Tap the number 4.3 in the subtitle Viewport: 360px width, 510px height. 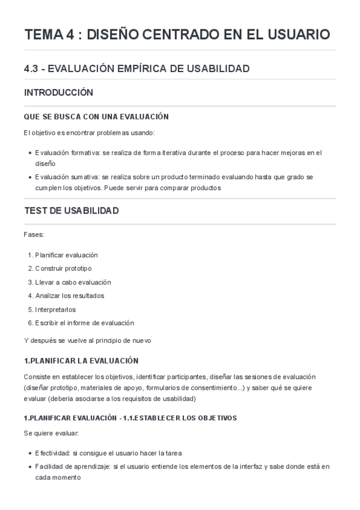[x=31, y=69]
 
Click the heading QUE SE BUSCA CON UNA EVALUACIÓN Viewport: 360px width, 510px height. [x=96, y=117]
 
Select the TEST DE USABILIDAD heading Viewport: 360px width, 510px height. [x=71, y=210]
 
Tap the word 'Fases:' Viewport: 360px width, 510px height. [x=33, y=233]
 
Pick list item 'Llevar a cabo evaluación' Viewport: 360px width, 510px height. [x=73, y=282]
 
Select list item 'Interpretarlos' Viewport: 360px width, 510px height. [x=55, y=309]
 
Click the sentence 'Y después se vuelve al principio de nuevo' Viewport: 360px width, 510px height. [x=91, y=340]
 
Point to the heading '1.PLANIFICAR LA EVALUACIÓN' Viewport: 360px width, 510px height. [x=81, y=361]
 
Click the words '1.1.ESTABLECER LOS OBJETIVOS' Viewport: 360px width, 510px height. [x=181, y=417]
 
